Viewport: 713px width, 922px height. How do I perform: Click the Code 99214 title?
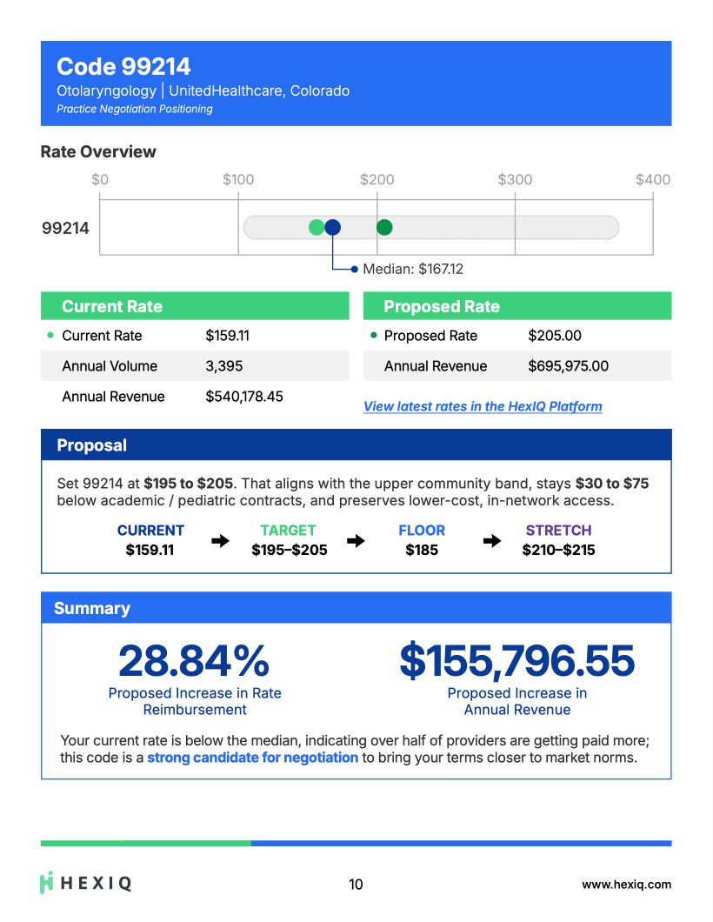123,66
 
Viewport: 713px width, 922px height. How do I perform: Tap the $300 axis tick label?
515,179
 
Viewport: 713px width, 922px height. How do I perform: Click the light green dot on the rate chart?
317,227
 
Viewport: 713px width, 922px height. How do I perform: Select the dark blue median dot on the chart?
332,227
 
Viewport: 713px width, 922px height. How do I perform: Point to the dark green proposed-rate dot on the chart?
384,227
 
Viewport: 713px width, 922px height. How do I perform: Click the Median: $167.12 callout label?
412,270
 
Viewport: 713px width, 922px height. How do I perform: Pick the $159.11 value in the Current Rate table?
227,336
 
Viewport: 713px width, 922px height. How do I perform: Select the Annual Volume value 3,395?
223,366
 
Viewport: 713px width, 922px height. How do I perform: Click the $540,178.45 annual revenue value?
243,397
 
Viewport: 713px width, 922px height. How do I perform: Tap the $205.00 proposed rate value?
554,336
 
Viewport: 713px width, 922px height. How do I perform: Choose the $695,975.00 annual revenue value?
568,366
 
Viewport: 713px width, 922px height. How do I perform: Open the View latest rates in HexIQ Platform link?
483,406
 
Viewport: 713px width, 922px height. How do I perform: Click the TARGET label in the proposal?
288,530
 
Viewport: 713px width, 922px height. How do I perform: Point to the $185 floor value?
422,550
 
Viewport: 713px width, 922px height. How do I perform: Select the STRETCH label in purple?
558,530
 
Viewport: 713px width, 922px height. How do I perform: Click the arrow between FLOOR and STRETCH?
492,540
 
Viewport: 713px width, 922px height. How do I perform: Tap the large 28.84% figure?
194,661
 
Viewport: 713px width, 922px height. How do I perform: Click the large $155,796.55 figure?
516,661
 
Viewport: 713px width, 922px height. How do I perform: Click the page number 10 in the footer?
356,885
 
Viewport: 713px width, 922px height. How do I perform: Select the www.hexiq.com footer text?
626,885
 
